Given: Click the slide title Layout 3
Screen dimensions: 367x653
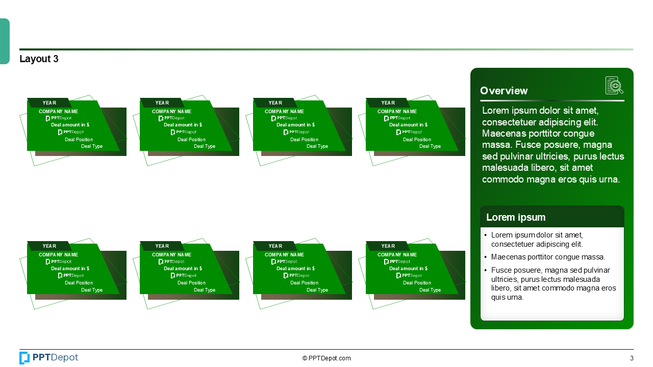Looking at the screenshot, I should coord(39,59).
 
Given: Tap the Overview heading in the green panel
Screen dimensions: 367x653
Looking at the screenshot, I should coord(504,91).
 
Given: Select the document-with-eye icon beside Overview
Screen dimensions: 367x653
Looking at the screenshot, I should coord(614,86).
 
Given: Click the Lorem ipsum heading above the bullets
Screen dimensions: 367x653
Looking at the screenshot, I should coord(515,217).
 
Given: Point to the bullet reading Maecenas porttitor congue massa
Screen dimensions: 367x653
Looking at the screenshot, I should coord(548,257).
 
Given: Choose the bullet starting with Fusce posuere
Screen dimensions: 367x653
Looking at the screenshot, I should coord(553,283).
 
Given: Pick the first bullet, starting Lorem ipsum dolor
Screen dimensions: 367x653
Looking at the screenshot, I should coord(537,240).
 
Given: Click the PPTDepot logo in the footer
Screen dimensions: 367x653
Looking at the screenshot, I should coord(49,358).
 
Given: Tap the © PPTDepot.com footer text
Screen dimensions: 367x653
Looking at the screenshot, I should coord(326,358).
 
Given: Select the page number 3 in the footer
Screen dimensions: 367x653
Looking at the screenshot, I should coord(632,358).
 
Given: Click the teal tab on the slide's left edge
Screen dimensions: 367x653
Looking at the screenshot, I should coord(5,41).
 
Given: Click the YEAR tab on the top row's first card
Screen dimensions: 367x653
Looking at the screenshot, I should coord(49,103).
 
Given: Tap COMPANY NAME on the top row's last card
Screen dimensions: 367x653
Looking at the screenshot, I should coord(397,112).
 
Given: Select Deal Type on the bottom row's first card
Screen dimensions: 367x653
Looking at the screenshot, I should coord(92,290).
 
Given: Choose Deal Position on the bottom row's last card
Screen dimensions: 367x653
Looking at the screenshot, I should coord(417,283).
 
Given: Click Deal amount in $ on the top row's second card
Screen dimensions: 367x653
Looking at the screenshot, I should coord(183,125).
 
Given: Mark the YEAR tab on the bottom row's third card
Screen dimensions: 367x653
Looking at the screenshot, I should coord(275,246).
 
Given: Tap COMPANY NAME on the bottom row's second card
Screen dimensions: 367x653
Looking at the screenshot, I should coord(171,255).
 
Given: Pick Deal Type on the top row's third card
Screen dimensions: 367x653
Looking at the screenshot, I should coord(317,146).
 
